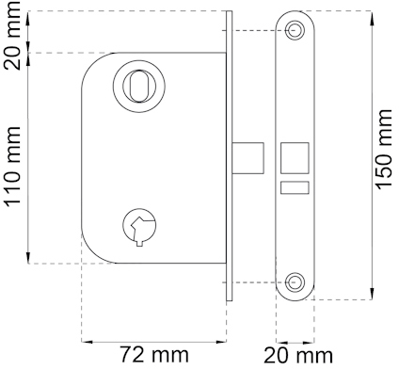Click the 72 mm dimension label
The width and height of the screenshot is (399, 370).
point(154,355)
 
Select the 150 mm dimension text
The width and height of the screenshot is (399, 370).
point(383,150)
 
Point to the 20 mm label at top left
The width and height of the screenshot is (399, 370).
point(12,35)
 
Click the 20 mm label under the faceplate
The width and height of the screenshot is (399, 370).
point(298,356)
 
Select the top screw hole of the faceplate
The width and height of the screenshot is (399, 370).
point(295,30)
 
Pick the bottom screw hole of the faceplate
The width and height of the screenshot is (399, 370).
point(295,282)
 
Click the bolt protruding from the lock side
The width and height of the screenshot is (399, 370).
point(247,158)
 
